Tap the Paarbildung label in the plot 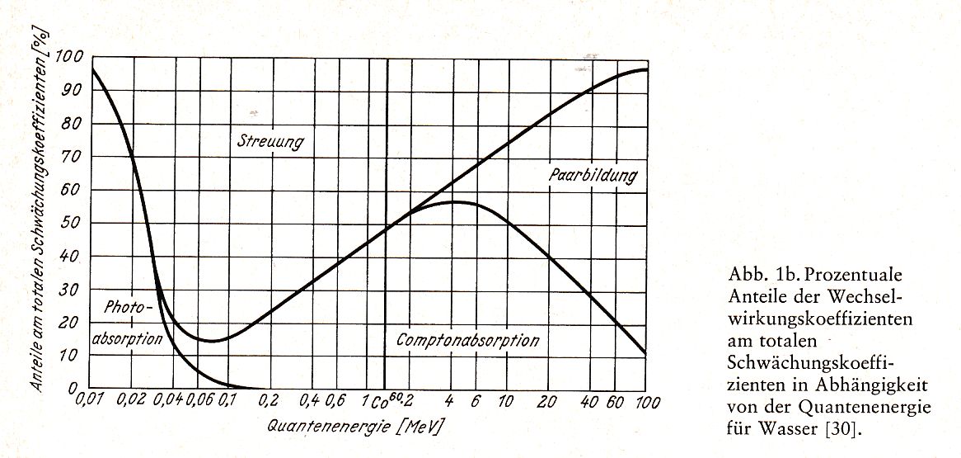pos(593,176)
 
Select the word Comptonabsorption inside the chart pos(467,340)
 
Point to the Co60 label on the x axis pos(385,403)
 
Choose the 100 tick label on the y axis pos(70,58)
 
